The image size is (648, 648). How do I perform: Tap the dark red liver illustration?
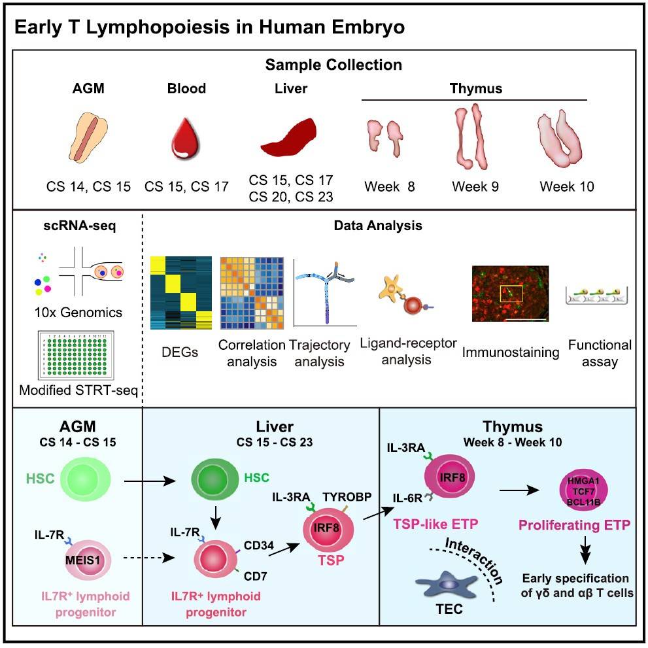(290, 139)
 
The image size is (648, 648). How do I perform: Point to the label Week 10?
(566, 186)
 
